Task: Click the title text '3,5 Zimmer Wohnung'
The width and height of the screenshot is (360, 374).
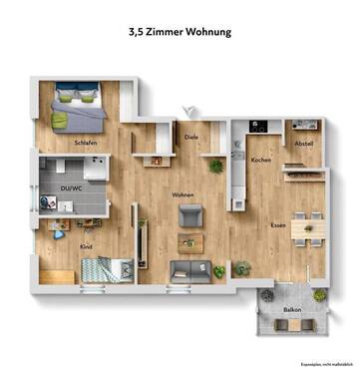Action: click(180, 32)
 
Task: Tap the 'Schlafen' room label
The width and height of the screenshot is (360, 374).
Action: click(86, 143)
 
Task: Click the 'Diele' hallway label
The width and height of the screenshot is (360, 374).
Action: click(191, 137)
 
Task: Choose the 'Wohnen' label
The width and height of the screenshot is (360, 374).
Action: click(182, 194)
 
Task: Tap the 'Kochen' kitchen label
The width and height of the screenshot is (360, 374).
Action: click(261, 160)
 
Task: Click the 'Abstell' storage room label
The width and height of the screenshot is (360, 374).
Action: click(304, 143)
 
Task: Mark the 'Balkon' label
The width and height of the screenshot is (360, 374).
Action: click(291, 310)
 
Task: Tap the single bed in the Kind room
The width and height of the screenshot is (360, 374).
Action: click(105, 269)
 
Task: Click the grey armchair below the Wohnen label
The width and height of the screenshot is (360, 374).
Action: click(189, 215)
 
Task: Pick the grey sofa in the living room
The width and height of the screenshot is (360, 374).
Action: click(187, 269)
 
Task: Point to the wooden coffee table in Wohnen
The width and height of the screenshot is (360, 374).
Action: click(188, 241)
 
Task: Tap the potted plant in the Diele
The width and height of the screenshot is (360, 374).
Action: click(216, 166)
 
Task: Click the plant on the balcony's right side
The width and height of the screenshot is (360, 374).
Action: click(319, 295)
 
